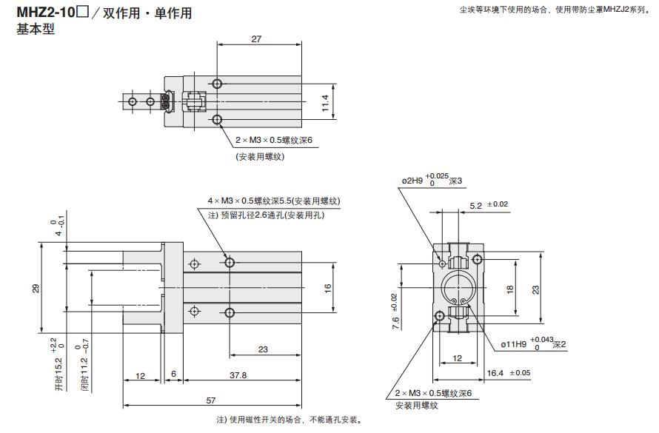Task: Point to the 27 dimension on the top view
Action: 256,39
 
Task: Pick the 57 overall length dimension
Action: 212,400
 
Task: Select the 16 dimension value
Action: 328,288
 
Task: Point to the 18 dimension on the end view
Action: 509,289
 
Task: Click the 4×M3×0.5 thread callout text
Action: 273,201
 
